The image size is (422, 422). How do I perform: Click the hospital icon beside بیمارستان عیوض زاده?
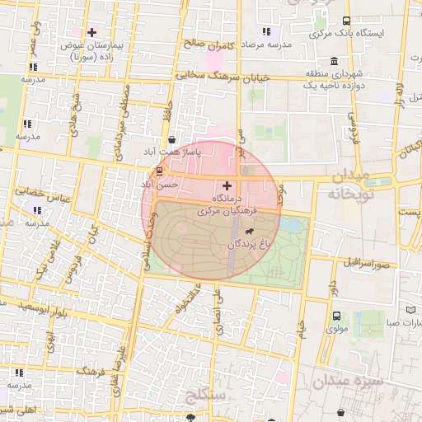coord(91,31)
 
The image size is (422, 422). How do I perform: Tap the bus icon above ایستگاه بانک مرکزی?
coord(345,21)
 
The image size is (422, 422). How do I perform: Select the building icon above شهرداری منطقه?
coord(333,62)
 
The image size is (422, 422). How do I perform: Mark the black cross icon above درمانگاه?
coord(227,186)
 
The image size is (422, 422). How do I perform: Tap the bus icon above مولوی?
coord(336,316)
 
